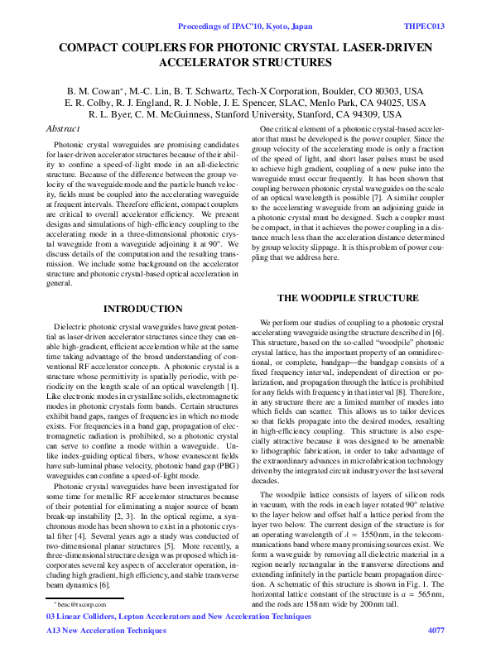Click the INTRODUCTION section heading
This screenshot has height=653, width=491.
coord(142,309)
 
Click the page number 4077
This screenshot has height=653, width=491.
coord(436,631)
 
